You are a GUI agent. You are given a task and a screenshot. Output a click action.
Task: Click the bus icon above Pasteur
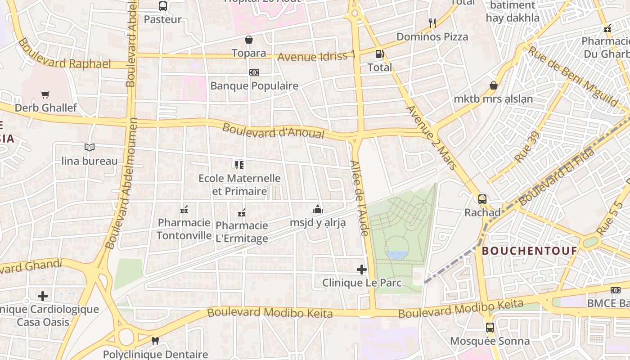[x=163, y=6]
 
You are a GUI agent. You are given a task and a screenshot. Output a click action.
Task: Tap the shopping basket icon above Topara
[x=249, y=40]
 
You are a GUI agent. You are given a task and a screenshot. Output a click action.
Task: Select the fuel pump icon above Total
[x=380, y=54]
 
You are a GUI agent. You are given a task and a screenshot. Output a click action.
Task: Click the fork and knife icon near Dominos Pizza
[x=432, y=23]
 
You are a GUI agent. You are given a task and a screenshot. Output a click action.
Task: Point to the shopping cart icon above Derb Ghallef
[x=45, y=95]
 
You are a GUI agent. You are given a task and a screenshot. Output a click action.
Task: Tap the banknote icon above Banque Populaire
[x=254, y=72]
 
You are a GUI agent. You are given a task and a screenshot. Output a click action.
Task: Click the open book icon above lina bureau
[x=90, y=148]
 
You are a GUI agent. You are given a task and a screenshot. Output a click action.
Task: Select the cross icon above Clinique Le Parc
[x=362, y=270]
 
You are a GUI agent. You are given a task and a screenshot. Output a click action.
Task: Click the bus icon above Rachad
[x=482, y=199]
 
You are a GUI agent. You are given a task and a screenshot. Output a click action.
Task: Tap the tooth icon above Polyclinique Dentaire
[x=155, y=341]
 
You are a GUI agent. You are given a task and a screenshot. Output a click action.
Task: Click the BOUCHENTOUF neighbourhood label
[x=529, y=251]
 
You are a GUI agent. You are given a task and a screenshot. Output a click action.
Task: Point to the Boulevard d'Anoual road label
[x=273, y=130]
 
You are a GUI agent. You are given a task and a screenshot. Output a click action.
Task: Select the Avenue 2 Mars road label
[x=431, y=137]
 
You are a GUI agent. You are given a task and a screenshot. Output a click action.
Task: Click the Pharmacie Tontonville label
[x=184, y=229]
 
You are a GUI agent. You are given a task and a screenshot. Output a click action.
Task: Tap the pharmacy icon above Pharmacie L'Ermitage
[x=242, y=212]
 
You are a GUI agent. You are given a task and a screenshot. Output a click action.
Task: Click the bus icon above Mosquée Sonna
[x=490, y=328]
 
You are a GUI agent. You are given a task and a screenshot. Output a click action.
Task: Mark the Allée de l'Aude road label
[x=360, y=198]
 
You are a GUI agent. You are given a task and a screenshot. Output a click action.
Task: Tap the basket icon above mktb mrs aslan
[x=494, y=85]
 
